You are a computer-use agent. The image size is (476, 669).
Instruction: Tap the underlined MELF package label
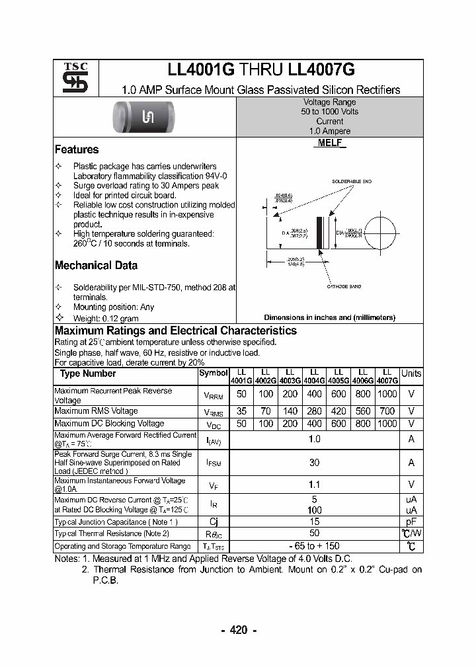tap(329, 143)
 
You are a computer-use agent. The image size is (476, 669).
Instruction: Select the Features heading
tap(77, 149)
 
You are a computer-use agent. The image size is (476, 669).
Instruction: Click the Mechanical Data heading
tap(96, 265)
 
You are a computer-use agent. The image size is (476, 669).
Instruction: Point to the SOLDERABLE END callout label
tap(351, 181)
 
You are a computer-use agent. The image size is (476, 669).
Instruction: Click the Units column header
tap(411, 374)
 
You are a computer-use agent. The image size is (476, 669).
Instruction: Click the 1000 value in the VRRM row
tap(387, 394)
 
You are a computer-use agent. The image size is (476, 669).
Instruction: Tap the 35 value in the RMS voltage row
tap(241, 411)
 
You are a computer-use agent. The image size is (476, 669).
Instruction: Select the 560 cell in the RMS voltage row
tap(363, 411)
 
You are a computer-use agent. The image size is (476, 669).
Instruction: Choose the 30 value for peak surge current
tap(314, 463)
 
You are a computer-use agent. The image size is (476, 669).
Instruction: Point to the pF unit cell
tap(411, 522)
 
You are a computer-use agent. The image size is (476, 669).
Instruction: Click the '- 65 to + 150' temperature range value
tap(314, 546)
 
